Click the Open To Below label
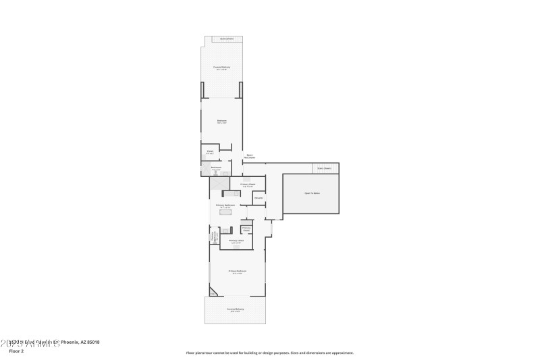point(312,193)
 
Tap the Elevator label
point(259,198)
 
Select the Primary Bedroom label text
point(237,272)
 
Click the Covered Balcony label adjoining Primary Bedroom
point(236,310)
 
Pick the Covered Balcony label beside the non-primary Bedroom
point(221,68)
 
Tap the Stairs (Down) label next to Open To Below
point(324,168)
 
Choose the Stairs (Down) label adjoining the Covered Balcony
point(227,39)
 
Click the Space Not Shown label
point(249,156)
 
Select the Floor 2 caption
point(16,351)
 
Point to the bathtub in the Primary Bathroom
point(225,212)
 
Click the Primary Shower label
point(246,229)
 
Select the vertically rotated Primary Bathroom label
point(215,237)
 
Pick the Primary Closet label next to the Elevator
point(248,184)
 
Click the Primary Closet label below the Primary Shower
point(236,241)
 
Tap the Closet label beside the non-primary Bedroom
point(210,152)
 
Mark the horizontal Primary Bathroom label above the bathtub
point(225,205)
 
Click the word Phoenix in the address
point(70,342)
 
